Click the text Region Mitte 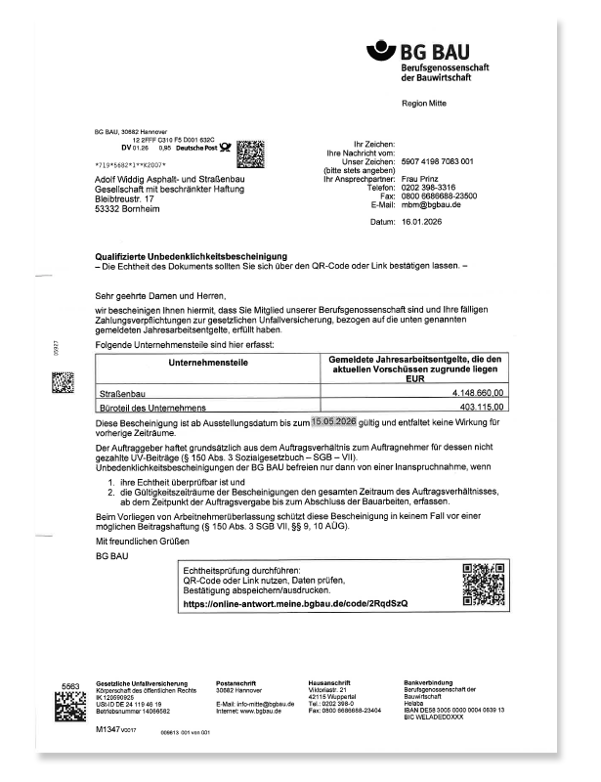(x=423, y=103)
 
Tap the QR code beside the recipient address (x=251, y=154)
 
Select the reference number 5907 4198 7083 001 (x=438, y=161)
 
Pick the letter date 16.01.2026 (x=424, y=223)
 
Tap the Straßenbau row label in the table (x=120, y=393)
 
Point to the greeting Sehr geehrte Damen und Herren (x=159, y=294)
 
